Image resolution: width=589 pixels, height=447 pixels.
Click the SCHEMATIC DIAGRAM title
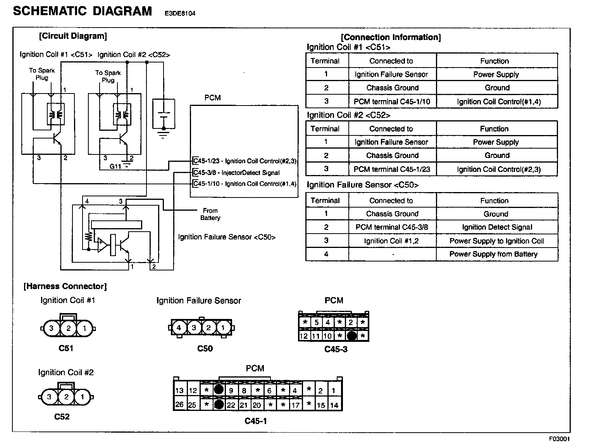point(83,11)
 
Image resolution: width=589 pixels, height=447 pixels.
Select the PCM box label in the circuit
point(212,98)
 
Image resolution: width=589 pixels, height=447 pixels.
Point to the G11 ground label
point(115,166)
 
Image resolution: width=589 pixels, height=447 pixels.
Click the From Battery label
point(210,214)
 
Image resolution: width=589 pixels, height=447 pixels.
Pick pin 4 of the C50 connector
point(179,328)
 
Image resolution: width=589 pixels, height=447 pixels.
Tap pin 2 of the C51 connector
point(68,329)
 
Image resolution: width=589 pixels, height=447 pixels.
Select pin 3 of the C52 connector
point(49,397)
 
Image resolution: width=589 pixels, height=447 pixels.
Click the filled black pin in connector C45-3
point(351,336)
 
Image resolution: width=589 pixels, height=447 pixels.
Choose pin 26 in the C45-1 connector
point(179,405)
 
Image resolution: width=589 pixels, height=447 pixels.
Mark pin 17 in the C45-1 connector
point(295,405)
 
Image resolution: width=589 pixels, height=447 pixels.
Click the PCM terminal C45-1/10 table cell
point(392,102)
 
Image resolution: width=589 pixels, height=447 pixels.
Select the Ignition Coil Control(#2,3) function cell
point(498,169)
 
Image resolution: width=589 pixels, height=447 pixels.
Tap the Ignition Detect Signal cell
point(497,227)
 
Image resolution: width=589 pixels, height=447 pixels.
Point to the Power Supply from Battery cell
point(493,254)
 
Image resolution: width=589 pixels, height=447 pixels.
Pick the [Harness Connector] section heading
point(65,286)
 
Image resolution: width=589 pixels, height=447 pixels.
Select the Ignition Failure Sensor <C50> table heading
point(362,185)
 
